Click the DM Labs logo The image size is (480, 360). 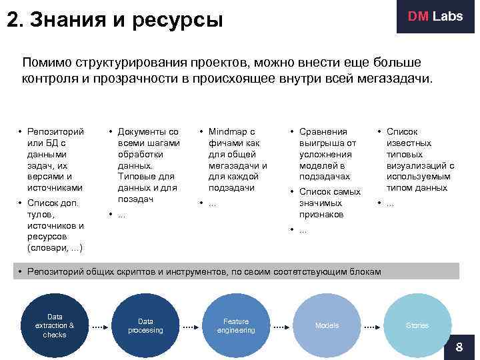click(x=435, y=17)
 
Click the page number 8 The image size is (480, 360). click(x=459, y=347)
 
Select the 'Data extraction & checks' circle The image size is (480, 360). click(x=55, y=325)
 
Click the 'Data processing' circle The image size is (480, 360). click(x=145, y=325)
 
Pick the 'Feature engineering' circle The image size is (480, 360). click(x=236, y=325)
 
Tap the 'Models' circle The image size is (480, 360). click(x=327, y=325)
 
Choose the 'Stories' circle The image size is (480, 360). click(x=417, y=325)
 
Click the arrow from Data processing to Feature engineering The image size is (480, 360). click(x=191, y=327)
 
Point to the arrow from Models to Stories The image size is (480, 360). click(x=372, y=327)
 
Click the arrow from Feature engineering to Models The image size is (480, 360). click(x=281, y=327)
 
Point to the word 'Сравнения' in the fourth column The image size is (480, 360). click(x=323, y=132)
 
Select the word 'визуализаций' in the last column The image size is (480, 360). click(x=415, y=166)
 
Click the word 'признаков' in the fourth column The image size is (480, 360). click(x=321, y=214)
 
